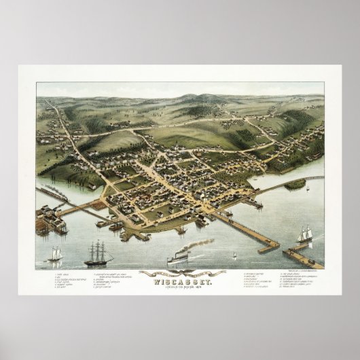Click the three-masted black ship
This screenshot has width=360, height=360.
click(x=98, y=253)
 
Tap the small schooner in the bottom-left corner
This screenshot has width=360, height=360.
click(x=55, y=254)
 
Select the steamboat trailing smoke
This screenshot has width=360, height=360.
click(x=177, y=258)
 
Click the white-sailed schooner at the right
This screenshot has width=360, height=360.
click(x=304, y=234)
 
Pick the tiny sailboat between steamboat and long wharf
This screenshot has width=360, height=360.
click(x=234, y=255)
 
